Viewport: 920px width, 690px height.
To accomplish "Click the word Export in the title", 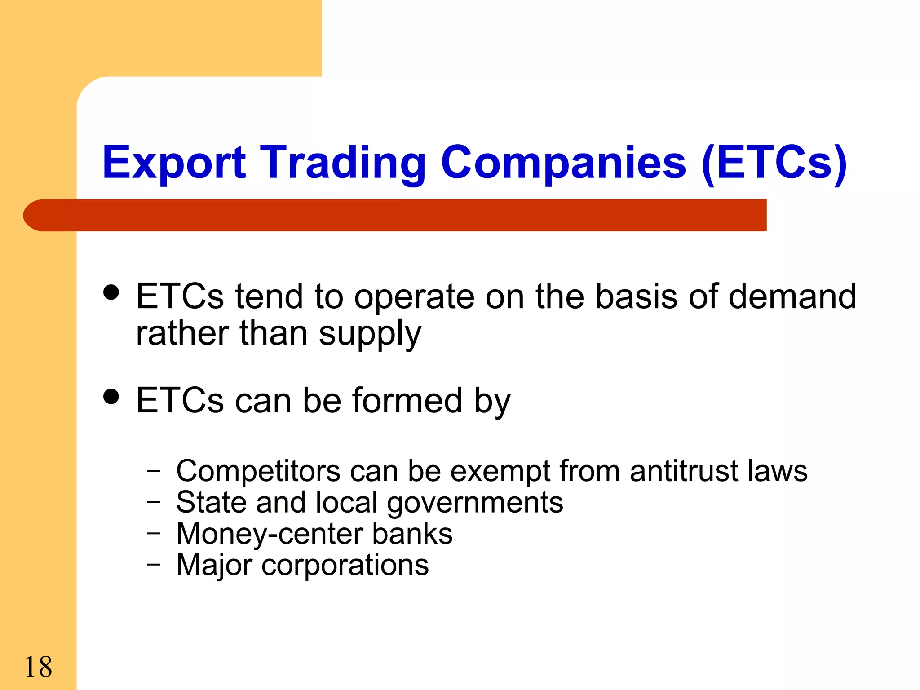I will (174, 163).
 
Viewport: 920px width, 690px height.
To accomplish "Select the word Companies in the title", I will (563, 163).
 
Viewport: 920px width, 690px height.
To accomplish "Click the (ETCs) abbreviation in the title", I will (774, 163).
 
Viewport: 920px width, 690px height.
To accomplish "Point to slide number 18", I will (38, 667).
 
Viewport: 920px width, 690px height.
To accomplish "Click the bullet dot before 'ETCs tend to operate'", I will (111, 292).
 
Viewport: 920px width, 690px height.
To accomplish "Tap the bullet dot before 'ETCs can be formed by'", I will (111, 396).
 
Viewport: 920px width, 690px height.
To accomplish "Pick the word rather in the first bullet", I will (182, 333).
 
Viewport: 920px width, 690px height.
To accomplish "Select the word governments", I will (475, 503).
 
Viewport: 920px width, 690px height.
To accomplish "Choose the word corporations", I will (345, 565).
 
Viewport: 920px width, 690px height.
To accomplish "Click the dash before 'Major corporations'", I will (153, 565).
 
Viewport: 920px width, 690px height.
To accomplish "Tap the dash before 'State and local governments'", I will (153, 503).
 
